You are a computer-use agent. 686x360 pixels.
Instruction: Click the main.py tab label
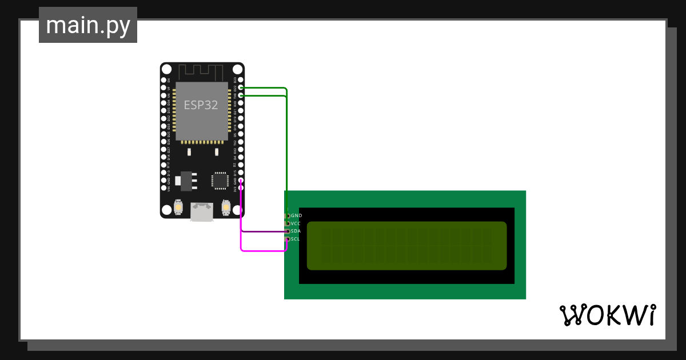click(x=88, y=25)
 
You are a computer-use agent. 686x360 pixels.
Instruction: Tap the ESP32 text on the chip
click(x=201, y=105)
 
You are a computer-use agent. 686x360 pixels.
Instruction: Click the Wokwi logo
click(x=607, y=315)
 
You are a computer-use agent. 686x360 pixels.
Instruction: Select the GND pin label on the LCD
click(x=297, y=215)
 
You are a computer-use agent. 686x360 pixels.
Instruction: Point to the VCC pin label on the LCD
click(x=296, y=223)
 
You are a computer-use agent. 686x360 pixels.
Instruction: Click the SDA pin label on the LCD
click(x=296, y=231)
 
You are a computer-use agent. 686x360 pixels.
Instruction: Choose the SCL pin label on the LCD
click(x=296, y=239)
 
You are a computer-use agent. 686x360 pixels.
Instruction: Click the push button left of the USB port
click(x=179, y=206)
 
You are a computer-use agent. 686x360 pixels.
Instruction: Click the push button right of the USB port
click(x=226, y=206)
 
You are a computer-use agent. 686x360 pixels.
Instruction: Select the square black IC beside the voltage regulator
click(x=220, y=180)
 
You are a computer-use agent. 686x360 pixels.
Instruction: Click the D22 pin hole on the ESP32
click(x=241, y=88)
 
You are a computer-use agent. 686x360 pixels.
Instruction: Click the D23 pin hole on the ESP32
click(x=241, y=81)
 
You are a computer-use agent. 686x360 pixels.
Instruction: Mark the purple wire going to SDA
click(x=263, y=231)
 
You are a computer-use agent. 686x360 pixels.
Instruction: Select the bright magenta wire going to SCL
click(x=263, y=250)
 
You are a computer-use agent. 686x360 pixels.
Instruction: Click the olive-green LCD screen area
click(x=406, y=246)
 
